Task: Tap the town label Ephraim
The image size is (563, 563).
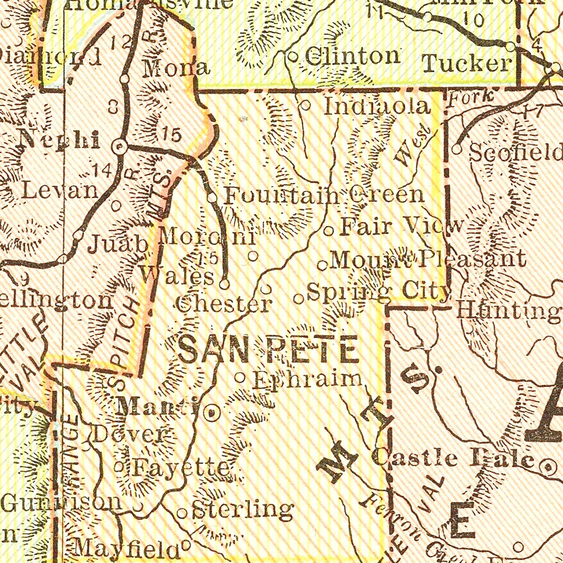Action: [307, 380]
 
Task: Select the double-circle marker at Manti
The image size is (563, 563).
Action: [211, 414]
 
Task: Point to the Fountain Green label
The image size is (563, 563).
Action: [324, 196]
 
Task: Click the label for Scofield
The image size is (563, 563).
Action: [516, 152]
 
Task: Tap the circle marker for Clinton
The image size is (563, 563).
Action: [293, 57]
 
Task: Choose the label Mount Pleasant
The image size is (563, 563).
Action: [427, 259]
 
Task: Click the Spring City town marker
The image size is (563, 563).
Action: [298, 299]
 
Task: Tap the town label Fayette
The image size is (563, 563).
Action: [180, 468]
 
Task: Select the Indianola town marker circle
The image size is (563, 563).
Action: [306, 106]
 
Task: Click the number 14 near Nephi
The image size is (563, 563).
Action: [102, 171]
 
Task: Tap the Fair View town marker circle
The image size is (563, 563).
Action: [329, 230]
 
